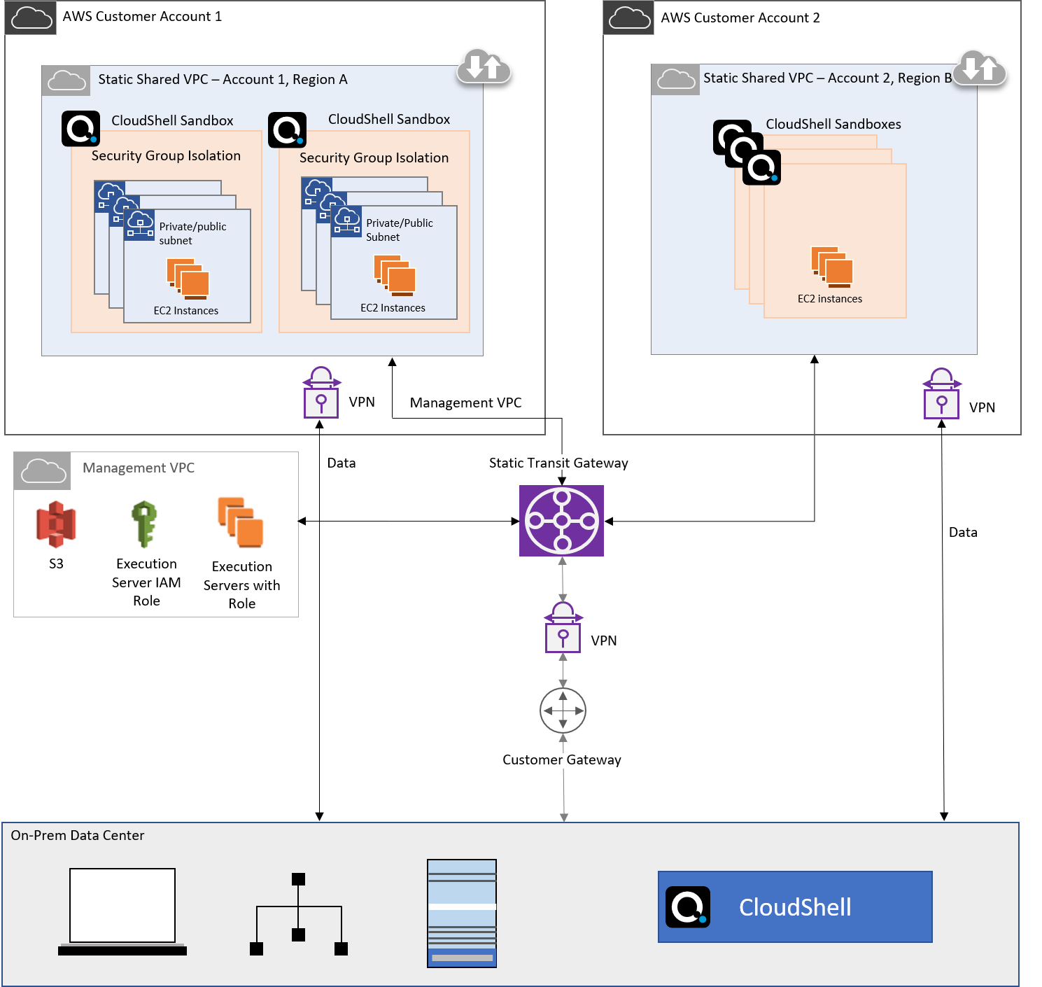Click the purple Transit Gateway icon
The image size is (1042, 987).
coord(561,521)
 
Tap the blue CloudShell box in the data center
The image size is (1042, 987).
coord(795,907)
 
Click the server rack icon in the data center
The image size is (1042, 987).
coord(462,913)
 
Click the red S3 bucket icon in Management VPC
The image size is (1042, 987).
coord(52,519)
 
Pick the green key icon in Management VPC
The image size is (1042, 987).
coord(146,521)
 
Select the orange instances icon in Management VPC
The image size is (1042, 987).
coord(241,521)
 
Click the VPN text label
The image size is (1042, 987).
coord(362,402)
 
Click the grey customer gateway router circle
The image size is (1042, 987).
coord(563,710)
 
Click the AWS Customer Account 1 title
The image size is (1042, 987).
coord(142,17)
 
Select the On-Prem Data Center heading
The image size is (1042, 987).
coord(78,835)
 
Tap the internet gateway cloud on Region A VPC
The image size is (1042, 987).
coord(484,67)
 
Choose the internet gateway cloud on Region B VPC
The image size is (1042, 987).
coord(980,68)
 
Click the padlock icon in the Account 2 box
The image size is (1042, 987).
coord(942,395)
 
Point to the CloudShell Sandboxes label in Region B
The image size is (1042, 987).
coord(833,124)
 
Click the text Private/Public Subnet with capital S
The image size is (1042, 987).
coord(399,230)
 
